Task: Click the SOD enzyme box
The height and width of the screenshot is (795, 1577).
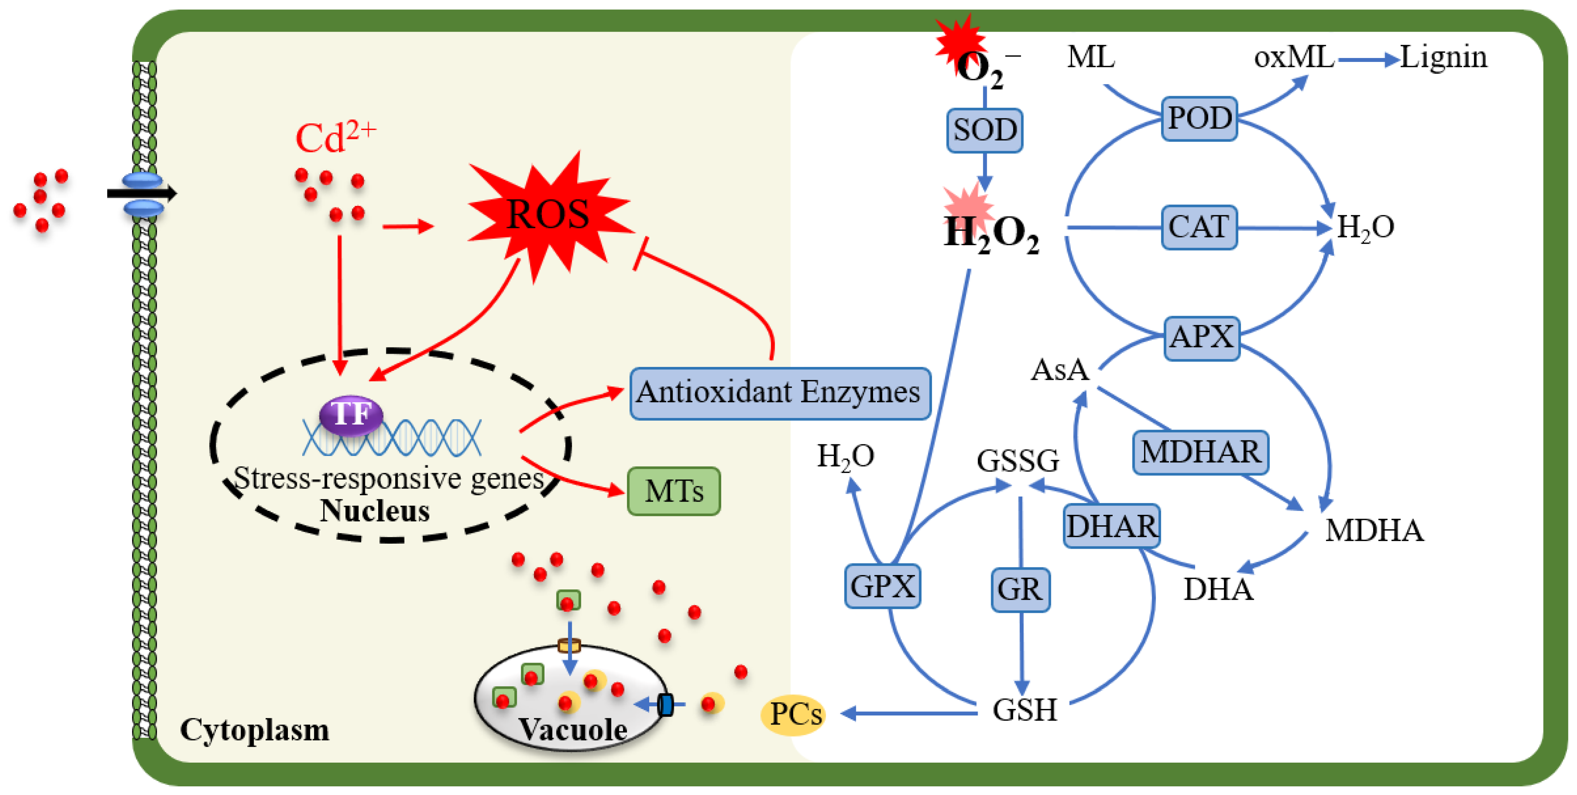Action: click(x=984, y=130)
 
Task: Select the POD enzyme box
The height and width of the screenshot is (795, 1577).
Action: click(x=1199, y=118)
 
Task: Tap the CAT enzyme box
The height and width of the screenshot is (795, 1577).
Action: click(x=1199, y=227)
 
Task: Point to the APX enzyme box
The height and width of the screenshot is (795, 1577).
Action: click(x=1201, y=337)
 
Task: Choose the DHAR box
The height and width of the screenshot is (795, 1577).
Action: click(x=1111, y=526)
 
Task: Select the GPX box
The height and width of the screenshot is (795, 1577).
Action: click(x=882, y=586)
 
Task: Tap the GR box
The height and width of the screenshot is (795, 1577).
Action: click(x=1020, y=589)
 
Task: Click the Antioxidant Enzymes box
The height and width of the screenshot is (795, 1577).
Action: click(x=779, y=392)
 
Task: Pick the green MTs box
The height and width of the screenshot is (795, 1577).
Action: click(x=673, y=491)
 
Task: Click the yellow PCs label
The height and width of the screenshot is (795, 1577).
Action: click(x=794, y=714)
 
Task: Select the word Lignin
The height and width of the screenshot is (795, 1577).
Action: click(x=1443, y=58)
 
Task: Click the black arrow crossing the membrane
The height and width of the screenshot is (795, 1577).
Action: click(x=142, y=194)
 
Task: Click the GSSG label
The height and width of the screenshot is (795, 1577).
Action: click(x=1017, y=461)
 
